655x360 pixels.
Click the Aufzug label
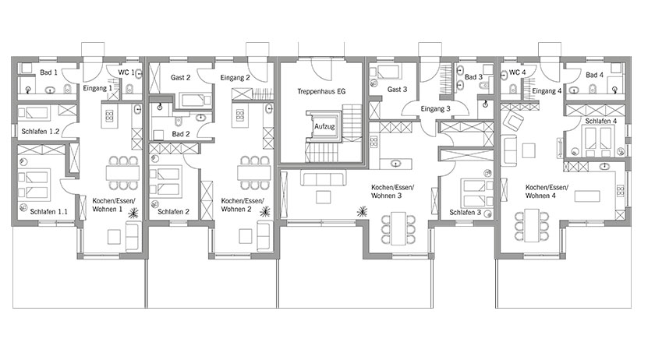click(324, 126)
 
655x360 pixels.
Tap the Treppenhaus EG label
click(321, 91)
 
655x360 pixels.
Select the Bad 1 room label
click(48, 72)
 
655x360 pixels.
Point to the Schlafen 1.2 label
click(40, 132)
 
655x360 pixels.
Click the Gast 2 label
click(180, 78)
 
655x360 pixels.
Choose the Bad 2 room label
click(180, 134)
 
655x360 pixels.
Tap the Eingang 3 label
click(435, 109)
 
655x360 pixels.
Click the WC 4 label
click(517, 72)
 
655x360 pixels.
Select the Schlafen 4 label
click(600, 121)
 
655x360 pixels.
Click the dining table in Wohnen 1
click(122, 172)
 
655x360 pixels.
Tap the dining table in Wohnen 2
click(254, 172)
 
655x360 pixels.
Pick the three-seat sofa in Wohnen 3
click(323, 178)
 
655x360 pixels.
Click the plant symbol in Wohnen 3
click(362, 212)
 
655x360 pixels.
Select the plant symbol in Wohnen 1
click(133, 214)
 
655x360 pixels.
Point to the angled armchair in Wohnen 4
click(513, 121)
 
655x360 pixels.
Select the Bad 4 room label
click(594, 75)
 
